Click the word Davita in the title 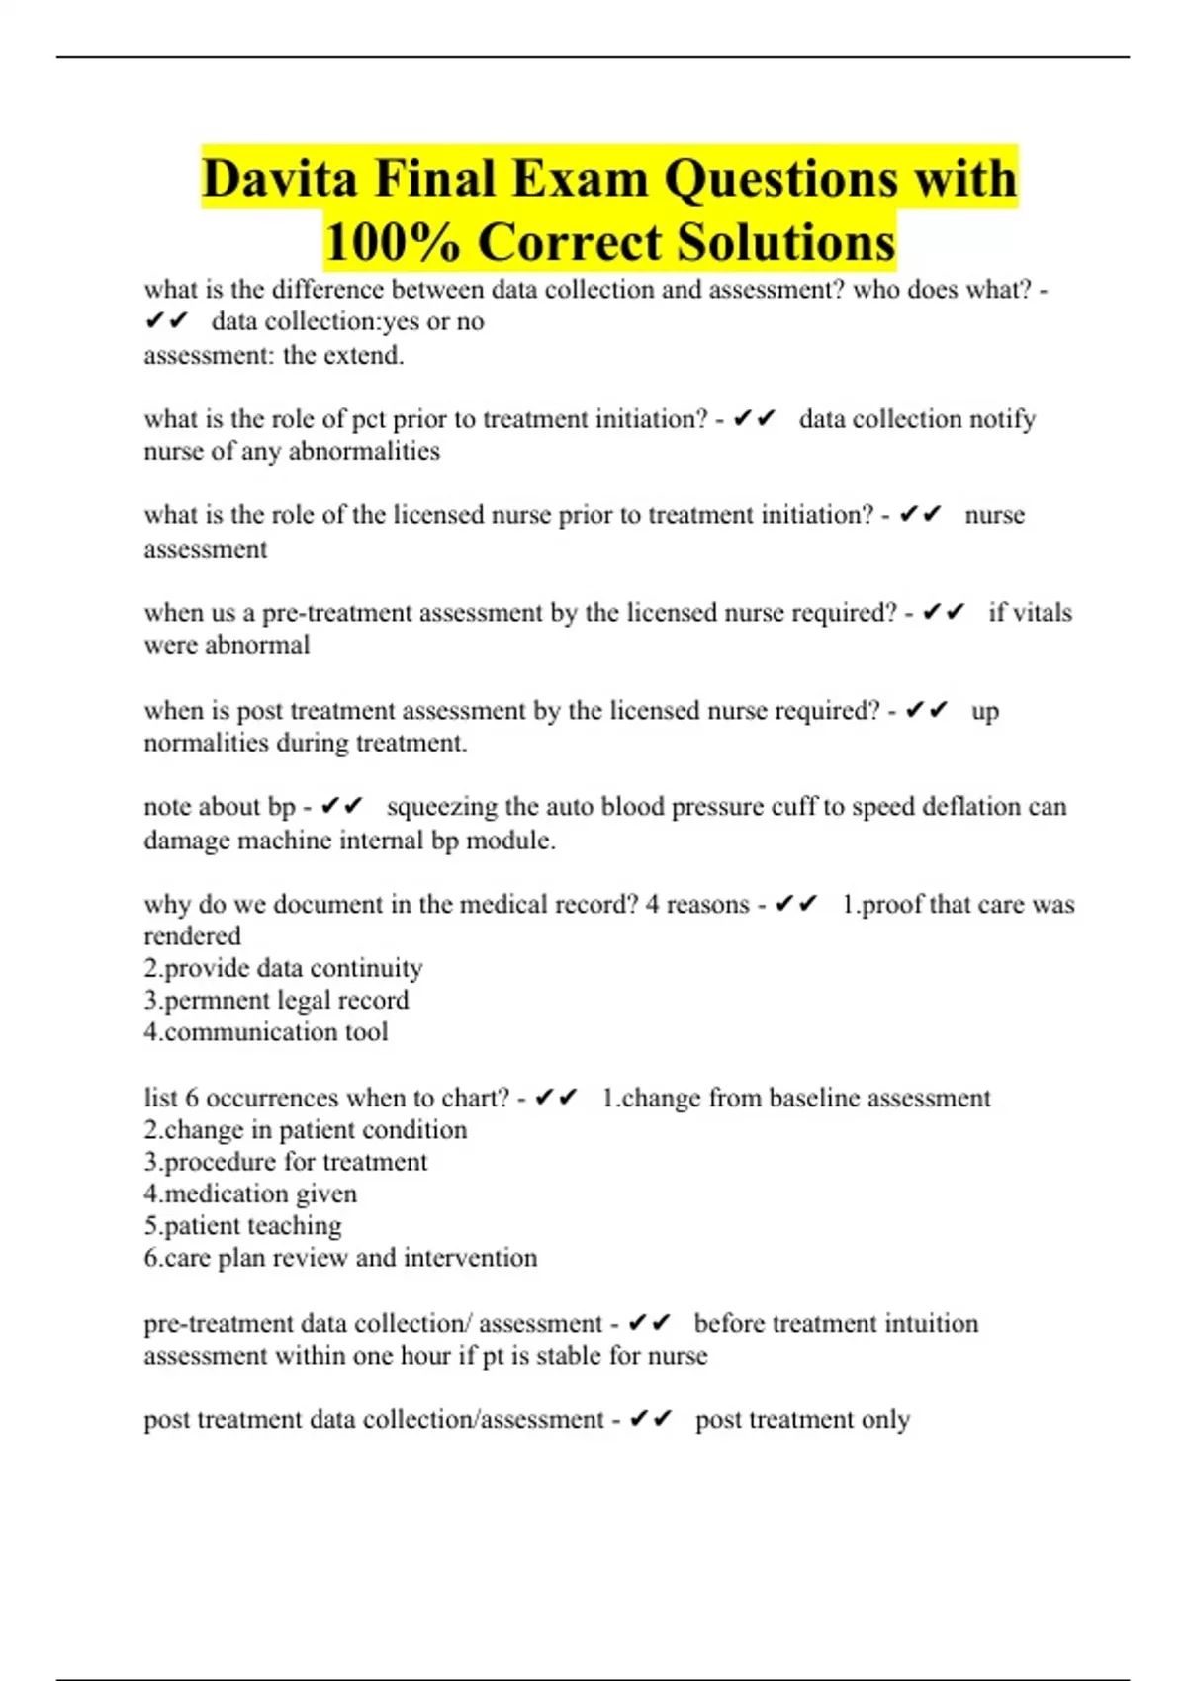coord(279,179)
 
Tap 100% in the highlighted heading coord(392,242)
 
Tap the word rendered coord(192,936)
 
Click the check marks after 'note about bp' coord(342,807)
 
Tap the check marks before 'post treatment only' coord(650,1420)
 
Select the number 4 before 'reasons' coord(653,905)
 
